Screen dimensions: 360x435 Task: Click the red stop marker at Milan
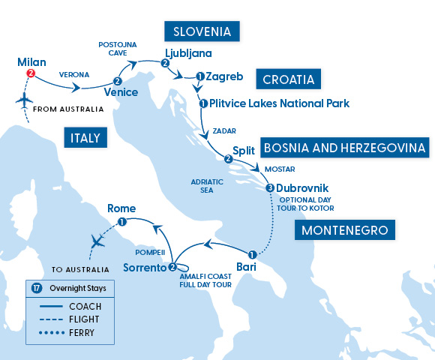click(31, 73)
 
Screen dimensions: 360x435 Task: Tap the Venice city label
click(121, 93)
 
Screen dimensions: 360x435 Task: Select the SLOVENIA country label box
click(202, 31)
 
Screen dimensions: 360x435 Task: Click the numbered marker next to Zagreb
click(200, 76)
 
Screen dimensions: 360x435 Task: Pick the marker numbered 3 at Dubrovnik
click(270, 187)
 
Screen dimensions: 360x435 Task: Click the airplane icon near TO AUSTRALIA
click(97, 241)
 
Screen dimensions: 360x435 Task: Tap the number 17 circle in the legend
click(36, 288)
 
